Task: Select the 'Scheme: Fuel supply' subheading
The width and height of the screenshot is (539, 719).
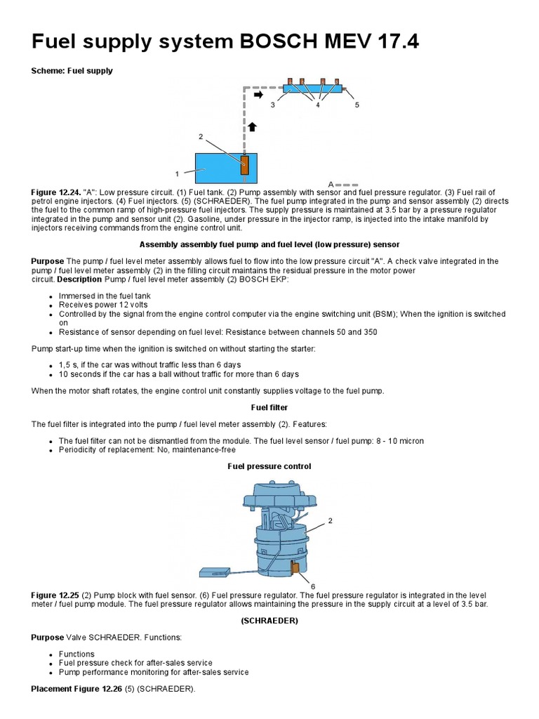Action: point(72,71)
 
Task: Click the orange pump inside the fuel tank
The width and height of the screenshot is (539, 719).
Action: point(245,165)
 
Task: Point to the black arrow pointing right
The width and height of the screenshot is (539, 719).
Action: point(258,93)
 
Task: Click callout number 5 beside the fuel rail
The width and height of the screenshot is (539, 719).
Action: point(357,105)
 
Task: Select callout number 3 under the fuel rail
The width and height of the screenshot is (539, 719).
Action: point(273,105)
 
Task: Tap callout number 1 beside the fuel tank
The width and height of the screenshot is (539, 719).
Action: point(177,172)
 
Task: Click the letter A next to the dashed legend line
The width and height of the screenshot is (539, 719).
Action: point(331,184)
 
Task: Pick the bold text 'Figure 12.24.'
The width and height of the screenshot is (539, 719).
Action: point(55,192)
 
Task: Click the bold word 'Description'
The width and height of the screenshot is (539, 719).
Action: point(79,279)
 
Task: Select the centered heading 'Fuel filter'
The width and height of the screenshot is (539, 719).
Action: point(269,407)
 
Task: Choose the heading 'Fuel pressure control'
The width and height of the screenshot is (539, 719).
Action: point(269,466)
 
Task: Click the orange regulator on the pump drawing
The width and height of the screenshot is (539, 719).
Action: point(295,567)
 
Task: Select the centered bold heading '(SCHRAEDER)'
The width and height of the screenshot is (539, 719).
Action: point(269,621)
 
